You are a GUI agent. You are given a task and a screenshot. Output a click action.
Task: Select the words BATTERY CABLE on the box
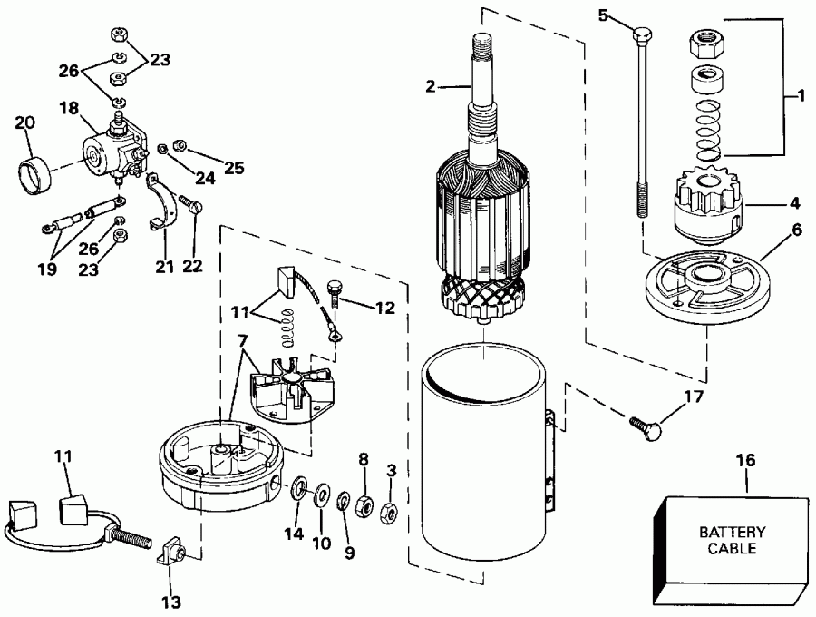[732, 541]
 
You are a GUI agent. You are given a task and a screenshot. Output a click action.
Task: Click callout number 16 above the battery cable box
[748, 461]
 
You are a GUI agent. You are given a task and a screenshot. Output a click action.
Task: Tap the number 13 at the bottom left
[170, 602]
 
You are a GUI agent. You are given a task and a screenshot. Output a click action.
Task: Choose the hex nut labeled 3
[388, 511]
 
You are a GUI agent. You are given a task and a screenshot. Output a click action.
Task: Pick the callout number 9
[348, 551]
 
